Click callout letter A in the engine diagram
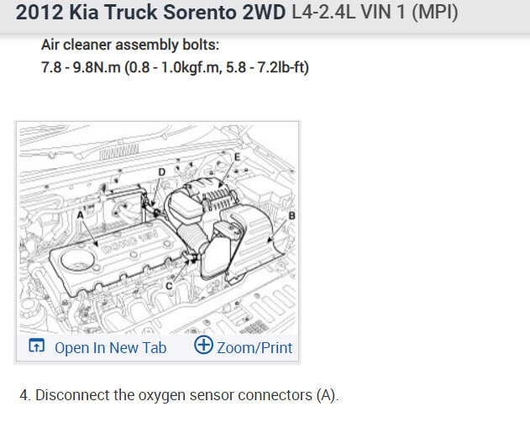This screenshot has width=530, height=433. (x=80, y=214)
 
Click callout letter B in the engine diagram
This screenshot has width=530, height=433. (x=291, y=215)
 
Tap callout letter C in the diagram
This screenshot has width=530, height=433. (x=169, y=286)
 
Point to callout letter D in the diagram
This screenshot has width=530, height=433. (x=162, y=172)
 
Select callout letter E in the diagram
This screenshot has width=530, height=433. (x=238, y=157)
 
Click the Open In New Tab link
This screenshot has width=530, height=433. (x=111, y=348)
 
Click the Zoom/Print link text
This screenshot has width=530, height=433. (x=255, y=348)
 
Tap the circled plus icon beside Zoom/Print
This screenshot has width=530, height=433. (x=203, y=345)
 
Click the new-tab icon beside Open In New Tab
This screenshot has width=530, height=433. (x=36, y=346)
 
